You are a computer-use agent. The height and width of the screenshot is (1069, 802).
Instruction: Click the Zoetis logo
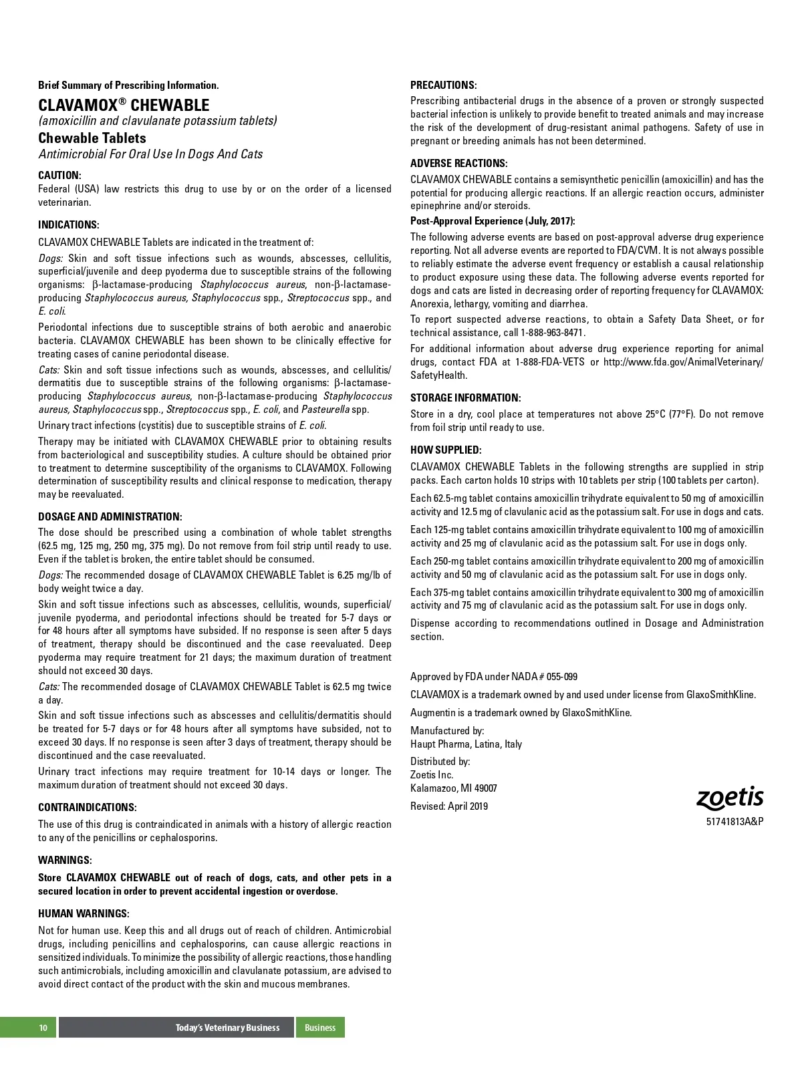coord(730,798)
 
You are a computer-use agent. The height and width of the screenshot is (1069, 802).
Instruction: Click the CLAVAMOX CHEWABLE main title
coord(124,105)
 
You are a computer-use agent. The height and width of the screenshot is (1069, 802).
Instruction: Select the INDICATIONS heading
coord(69,224)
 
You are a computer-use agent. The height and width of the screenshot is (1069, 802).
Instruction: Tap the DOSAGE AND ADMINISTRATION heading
coord(110,516)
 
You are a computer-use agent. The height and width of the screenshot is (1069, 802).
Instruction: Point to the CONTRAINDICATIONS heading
coord(87,807)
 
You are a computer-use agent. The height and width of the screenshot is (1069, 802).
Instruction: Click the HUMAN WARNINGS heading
coord(84,913)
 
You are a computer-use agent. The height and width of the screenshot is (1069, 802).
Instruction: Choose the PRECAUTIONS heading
coord(443,85)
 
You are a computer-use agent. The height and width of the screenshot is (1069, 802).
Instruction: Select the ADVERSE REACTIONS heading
coord(458,163)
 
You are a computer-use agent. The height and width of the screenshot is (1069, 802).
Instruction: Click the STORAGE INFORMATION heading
coord(465,398)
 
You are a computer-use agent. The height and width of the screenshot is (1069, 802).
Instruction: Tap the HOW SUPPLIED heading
coord(446,450)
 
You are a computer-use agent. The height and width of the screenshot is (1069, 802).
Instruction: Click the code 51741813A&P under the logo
coord(734,821)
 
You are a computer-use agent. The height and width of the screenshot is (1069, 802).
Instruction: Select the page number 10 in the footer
coord(43,1028)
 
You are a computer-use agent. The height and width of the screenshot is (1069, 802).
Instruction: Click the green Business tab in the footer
coord(320,1028)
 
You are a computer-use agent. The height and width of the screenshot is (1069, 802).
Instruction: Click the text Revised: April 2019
coord(449,806)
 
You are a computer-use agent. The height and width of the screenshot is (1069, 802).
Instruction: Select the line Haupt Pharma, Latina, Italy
coord(466,744)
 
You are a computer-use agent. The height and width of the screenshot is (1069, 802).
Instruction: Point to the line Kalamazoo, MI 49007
coord(453,788)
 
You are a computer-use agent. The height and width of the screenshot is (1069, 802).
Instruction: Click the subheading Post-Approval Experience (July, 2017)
coord(493,220)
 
